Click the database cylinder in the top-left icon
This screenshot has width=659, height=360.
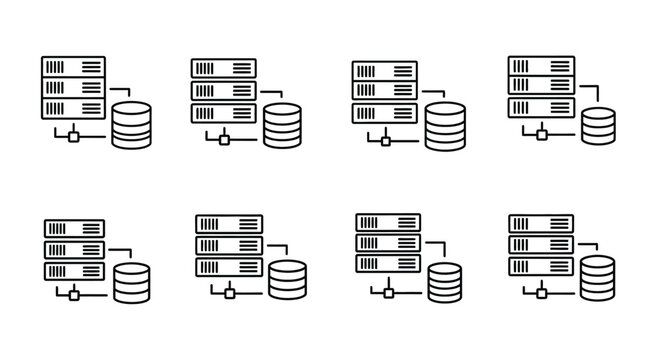coord(131,125)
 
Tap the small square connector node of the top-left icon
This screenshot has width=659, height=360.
coord(73,135)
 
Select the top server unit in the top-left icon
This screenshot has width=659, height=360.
coord(73,66)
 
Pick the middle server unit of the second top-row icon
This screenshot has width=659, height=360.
coord(223,90)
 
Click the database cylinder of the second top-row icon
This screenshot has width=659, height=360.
coord(283,125)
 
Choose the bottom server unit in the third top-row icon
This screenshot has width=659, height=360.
coord(384,113)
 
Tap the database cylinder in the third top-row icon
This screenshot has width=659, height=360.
coord(444,126)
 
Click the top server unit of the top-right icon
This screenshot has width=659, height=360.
coord(540,65)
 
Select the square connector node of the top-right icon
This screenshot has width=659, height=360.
coord(541,134)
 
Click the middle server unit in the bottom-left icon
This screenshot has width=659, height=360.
coord(73,249)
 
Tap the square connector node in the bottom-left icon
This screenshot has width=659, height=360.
coord(73,294)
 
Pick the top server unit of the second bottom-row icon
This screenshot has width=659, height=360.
coord(229,224)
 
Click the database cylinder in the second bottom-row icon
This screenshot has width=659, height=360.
coord(287,280)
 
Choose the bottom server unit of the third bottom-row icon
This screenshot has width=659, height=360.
coord(388,266)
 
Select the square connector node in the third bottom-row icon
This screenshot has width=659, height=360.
coord(389,292)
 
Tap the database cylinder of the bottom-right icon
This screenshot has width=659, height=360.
coord(598,276)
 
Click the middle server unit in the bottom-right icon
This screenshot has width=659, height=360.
coord(540,245)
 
